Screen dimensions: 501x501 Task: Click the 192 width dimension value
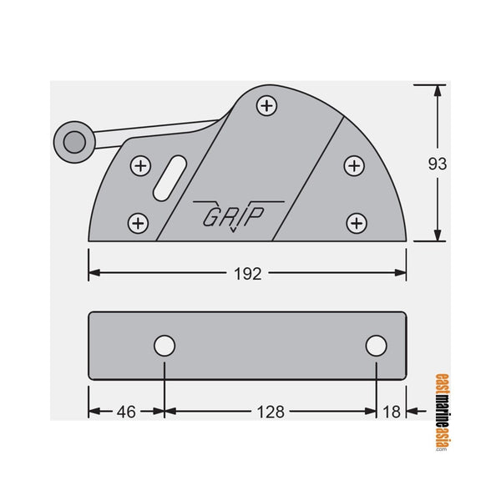tap(248, 274)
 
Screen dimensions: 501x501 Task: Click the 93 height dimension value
tap(437, 164)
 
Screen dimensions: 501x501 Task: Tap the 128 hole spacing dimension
tap(271, 411)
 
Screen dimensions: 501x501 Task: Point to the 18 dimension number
tap(391, 411)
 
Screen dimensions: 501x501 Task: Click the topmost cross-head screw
tap(266, 106)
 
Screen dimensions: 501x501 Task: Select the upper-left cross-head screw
tap(141, 166)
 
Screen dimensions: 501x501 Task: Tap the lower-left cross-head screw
tap(138, 223)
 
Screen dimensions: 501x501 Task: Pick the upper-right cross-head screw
tap(354, 166)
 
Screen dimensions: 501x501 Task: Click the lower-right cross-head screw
tap(357, 223)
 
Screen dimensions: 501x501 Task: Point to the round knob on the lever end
tap(73, 142)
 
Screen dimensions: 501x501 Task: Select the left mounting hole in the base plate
tap(164, 346)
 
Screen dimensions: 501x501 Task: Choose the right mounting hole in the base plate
tap(377, 346)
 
